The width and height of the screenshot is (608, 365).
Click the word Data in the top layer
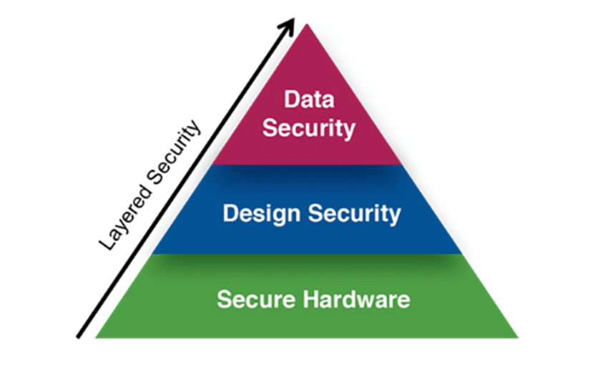coord(309,99)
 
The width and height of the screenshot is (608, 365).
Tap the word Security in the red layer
coord(308,129)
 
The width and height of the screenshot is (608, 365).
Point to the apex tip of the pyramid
coord(307,24)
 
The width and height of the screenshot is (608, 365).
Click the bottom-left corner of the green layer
coord(97,337)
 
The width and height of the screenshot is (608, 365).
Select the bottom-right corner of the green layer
coord(517,337)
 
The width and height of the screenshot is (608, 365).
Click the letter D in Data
coord(291,99)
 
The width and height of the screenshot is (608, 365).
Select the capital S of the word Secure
coord(222,298)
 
